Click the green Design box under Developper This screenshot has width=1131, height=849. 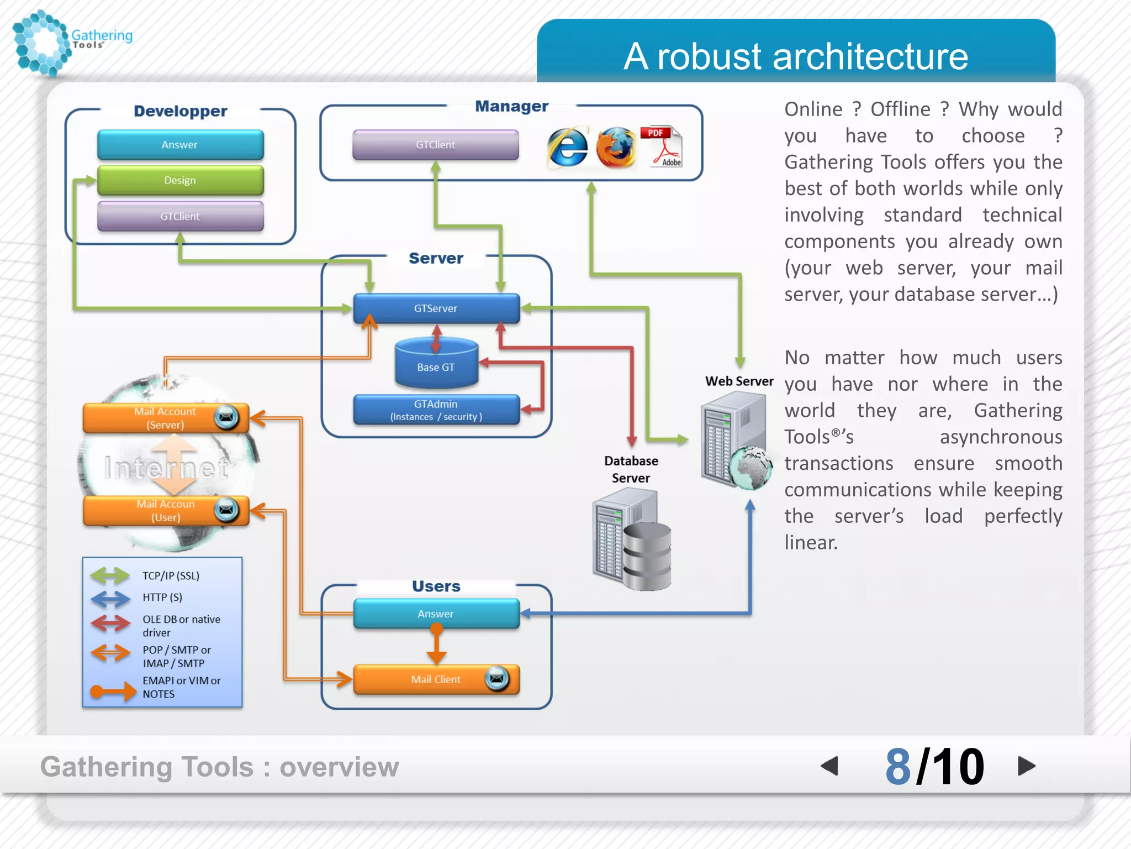(x=180, y=181)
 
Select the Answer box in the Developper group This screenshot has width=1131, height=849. (x=180, y=145)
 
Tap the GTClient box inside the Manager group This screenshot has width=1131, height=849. (x=435, y=145)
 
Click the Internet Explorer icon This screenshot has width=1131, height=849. (x=567, y=147)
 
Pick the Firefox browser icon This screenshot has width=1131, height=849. (x=615, y=147)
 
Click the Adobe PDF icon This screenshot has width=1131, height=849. (x=662, y=146)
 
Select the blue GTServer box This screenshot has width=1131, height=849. (x=436, y=308)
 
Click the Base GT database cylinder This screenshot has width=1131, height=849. (x=436, y=365)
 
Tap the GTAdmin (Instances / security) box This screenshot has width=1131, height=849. (x=436, y=410)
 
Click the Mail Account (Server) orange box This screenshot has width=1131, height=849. (x=165, y=418)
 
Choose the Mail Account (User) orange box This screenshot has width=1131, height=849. (x=165, y=511)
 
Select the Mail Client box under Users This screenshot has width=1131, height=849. (x=436, y=679)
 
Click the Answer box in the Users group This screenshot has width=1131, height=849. (x=436, y=614)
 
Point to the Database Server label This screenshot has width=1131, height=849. (x=631, y=469)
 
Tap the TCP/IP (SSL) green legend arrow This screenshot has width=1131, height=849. (x=110, y=576)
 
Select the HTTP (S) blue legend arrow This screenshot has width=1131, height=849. (x=110, y=598)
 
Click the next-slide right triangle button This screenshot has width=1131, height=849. (x=1026, y=766)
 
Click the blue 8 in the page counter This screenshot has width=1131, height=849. (x=898, y=767)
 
